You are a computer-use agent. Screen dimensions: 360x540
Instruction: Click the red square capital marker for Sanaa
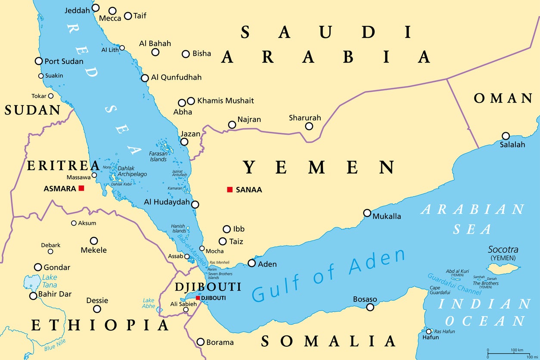tap(230, 189)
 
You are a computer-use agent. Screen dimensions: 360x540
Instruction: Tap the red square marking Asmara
tap(81, 188)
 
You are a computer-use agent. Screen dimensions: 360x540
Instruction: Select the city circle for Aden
tap(251, 263)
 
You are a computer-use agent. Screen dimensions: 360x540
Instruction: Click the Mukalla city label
tap(387, 216)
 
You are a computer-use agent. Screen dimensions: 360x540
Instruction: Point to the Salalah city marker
tap(506, 136)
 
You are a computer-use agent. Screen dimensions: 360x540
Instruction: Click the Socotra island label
tap(503, 250)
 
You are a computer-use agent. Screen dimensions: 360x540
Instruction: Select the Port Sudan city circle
tap(39, 61)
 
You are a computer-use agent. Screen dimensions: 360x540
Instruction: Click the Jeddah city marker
tap(96, 8)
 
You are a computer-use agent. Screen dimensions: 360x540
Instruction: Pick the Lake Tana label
tap(50, 281)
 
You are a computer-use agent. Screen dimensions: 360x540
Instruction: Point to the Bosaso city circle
tap(370, 307)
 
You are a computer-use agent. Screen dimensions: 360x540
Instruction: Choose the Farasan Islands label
tap(158, 156)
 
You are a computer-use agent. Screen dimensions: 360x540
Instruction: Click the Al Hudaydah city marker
tap(195, 205)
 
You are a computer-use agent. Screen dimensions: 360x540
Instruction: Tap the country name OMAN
tap(503, 99)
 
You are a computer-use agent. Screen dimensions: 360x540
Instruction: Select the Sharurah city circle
tap(309, 126)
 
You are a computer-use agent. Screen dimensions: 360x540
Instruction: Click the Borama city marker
tap(200, 342)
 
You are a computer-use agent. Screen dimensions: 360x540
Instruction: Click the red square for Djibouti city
tap(198, 298)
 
